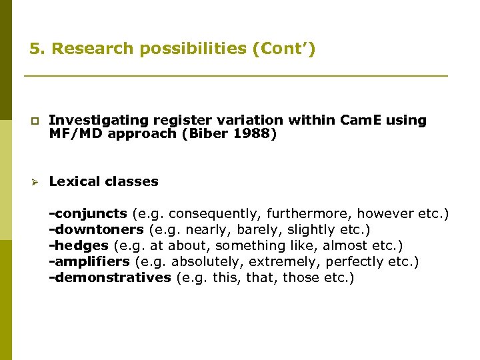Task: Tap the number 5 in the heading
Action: point(34,49)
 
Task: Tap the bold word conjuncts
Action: point(91,213)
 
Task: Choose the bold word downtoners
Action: point(99,229)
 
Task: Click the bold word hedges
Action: point(81,245)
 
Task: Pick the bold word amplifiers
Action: point(94,261)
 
